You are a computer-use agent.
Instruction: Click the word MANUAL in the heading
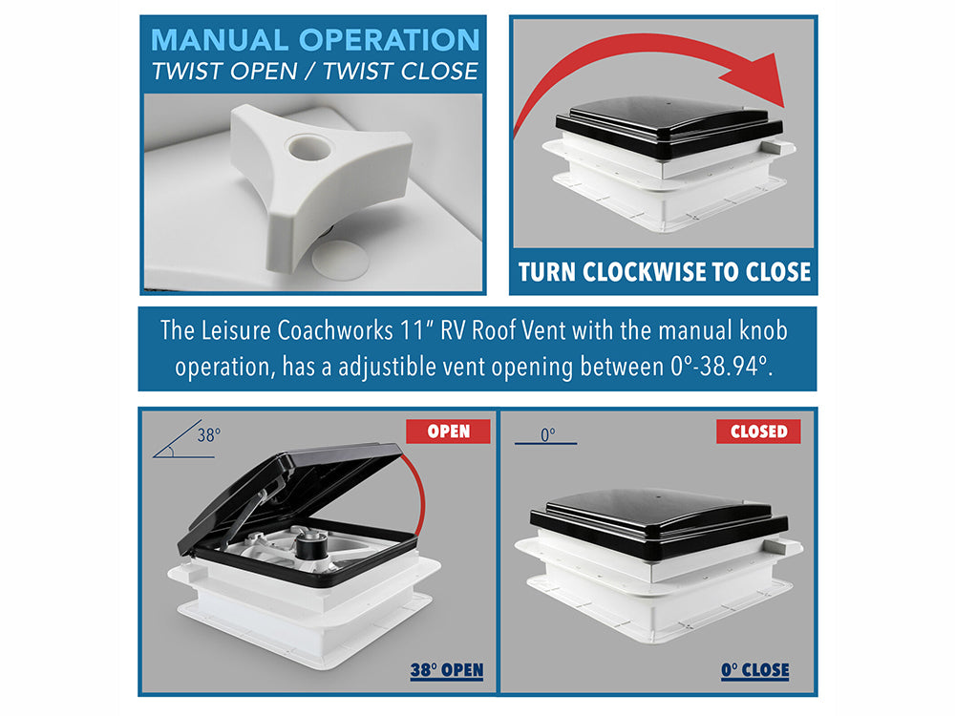point(220,40)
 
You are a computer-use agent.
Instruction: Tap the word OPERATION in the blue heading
point(390,40)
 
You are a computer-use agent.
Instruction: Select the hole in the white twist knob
point(309,148)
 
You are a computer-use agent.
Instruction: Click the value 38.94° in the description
point(733,367)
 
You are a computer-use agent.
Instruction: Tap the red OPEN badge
point(448,432)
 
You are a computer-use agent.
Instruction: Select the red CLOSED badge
point(758,432)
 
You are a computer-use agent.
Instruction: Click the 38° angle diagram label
point(208,434)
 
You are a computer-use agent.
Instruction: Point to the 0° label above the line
point(547,434)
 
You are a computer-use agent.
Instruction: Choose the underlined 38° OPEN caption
point(446,670)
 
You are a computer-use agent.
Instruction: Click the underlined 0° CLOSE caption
point(754,670)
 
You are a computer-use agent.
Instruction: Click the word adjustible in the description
point(388,368)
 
